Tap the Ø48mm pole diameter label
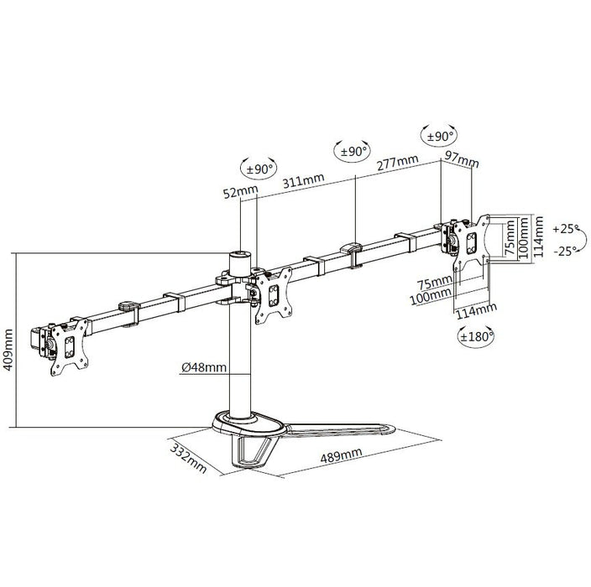(x=204, y=367)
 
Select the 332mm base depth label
(x=189, y=458)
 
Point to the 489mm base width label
(x=341, y=455)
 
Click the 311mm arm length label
(x=303, y=181)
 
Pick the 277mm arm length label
(x=398, y=163)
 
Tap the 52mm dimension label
(x=240, y=192)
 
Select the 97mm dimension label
(x=462, y=159)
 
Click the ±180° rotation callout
(x=476, y=336)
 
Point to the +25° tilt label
(x=566, y=229)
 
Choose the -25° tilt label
(x=566, y=251)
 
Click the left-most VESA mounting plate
(x=70, y=346)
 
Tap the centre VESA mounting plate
(x=274, y=295)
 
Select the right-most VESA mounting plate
(x=471, y=242)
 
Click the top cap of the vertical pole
(x=240, y=255)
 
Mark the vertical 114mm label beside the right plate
(x=538, y=236)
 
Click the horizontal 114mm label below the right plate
(x=477, y=311)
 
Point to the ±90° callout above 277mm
(x=353, y=152)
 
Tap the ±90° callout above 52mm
(x=259, y=169)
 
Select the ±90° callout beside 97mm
(x=440, y=136)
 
